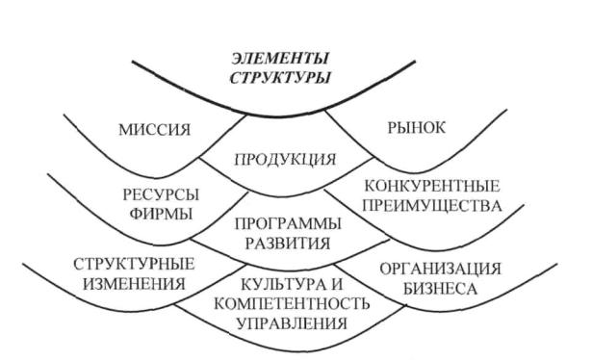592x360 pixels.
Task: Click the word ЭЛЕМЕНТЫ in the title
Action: pyautogui.click(x=280, y=59)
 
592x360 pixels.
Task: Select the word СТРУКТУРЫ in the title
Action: pyautogui.click(x=280, y=78)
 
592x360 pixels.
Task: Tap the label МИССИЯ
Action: pyautogui.click(x=155, y=130)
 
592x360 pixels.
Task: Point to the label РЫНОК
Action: pyautogui.click(x=417, y=128)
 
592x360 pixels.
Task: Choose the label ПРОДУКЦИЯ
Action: pyautogui.click(x=285, y=160)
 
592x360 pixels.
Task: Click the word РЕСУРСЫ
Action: pyautogui.click(x=161, y=195)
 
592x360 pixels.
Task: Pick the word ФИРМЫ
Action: pyautogui.click(x=161, y=214)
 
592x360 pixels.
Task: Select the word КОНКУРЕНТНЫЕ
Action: pyautogui.click(x=432, y=186)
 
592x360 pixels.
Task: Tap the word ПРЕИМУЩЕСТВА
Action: pyautogui.click(x=432, y=206)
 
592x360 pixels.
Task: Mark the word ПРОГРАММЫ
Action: pyautogui.click(x=288, y=223)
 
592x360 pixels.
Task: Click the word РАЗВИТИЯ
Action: pyautogui.click(x=288, y=243)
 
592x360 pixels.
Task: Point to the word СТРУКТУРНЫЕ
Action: pyautogui.click(x=134, y=264)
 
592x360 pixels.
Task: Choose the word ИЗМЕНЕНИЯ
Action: pyautogui.click(x=134, y=283)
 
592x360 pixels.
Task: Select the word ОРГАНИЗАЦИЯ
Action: pyautogui.click(x=440, y=270)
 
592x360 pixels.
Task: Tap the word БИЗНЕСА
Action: pyautogui.click(x=440, y=289)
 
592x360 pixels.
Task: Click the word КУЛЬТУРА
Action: pyautogui.click(x=282, y=284)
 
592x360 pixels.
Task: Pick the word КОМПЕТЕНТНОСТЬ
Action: pyautogui.click(x=292, y=304)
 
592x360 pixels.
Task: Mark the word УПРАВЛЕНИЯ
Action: pyautogui.click(x=292, y=323)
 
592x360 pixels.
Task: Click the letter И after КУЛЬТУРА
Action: pyautogui.click(x=336, y=284)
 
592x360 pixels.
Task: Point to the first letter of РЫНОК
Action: pyautogui.click(x=392, y=128)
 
